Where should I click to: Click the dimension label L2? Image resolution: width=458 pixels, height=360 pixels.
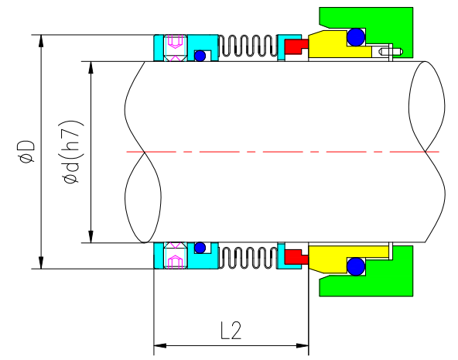point(231,331)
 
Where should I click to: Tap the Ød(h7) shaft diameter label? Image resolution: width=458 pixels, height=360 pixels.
point(71,152)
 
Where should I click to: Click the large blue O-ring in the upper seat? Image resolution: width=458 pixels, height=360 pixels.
point(356,37)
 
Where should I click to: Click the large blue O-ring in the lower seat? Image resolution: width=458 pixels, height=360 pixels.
point(356,266)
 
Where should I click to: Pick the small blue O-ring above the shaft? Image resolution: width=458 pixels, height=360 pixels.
point(200,56)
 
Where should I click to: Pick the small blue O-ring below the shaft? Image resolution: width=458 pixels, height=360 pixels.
point(200,248)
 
